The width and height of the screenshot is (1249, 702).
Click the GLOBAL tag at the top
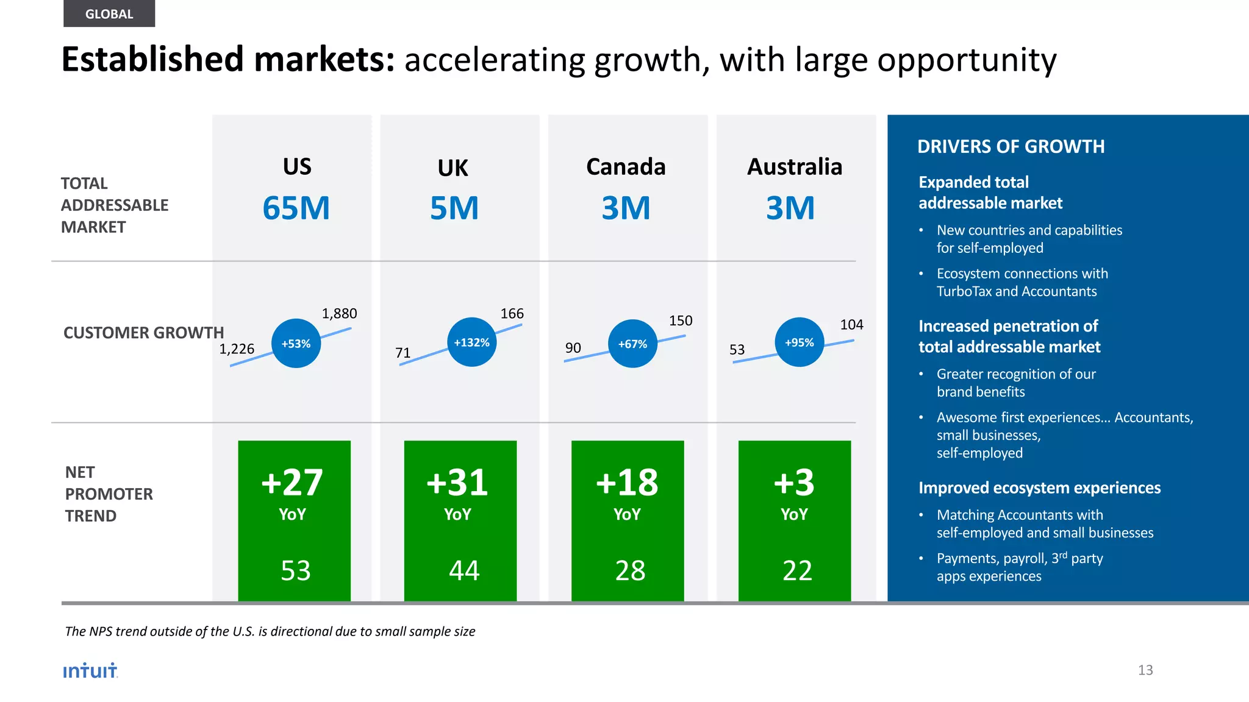tap(109, 14)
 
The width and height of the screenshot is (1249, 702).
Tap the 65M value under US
tap(296, 208)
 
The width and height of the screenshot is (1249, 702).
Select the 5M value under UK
tap(454, 208)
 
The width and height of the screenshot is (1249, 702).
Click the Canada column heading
tap(626, 167)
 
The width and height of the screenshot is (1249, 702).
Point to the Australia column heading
tap(795, 167)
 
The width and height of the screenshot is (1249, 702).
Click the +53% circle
tap(296, 344)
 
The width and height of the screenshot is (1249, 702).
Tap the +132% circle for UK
tap(471, 342)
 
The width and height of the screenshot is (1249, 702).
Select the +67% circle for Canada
tap(632, 344)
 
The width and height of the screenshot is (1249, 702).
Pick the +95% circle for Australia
tap(799, 342)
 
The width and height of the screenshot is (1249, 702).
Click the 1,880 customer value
tap(339, 314)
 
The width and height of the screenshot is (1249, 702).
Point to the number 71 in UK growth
tap(403, 353)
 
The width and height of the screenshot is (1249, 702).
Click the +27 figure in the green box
tap(292, 483)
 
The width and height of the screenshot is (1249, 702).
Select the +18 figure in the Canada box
tap(627, 483)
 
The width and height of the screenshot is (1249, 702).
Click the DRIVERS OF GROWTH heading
tap(1011, 147)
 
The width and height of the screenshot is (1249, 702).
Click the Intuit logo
tap(90, 670)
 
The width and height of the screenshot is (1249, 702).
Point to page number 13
tap(1145, 670)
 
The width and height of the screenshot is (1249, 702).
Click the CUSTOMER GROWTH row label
tap(143, 333)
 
